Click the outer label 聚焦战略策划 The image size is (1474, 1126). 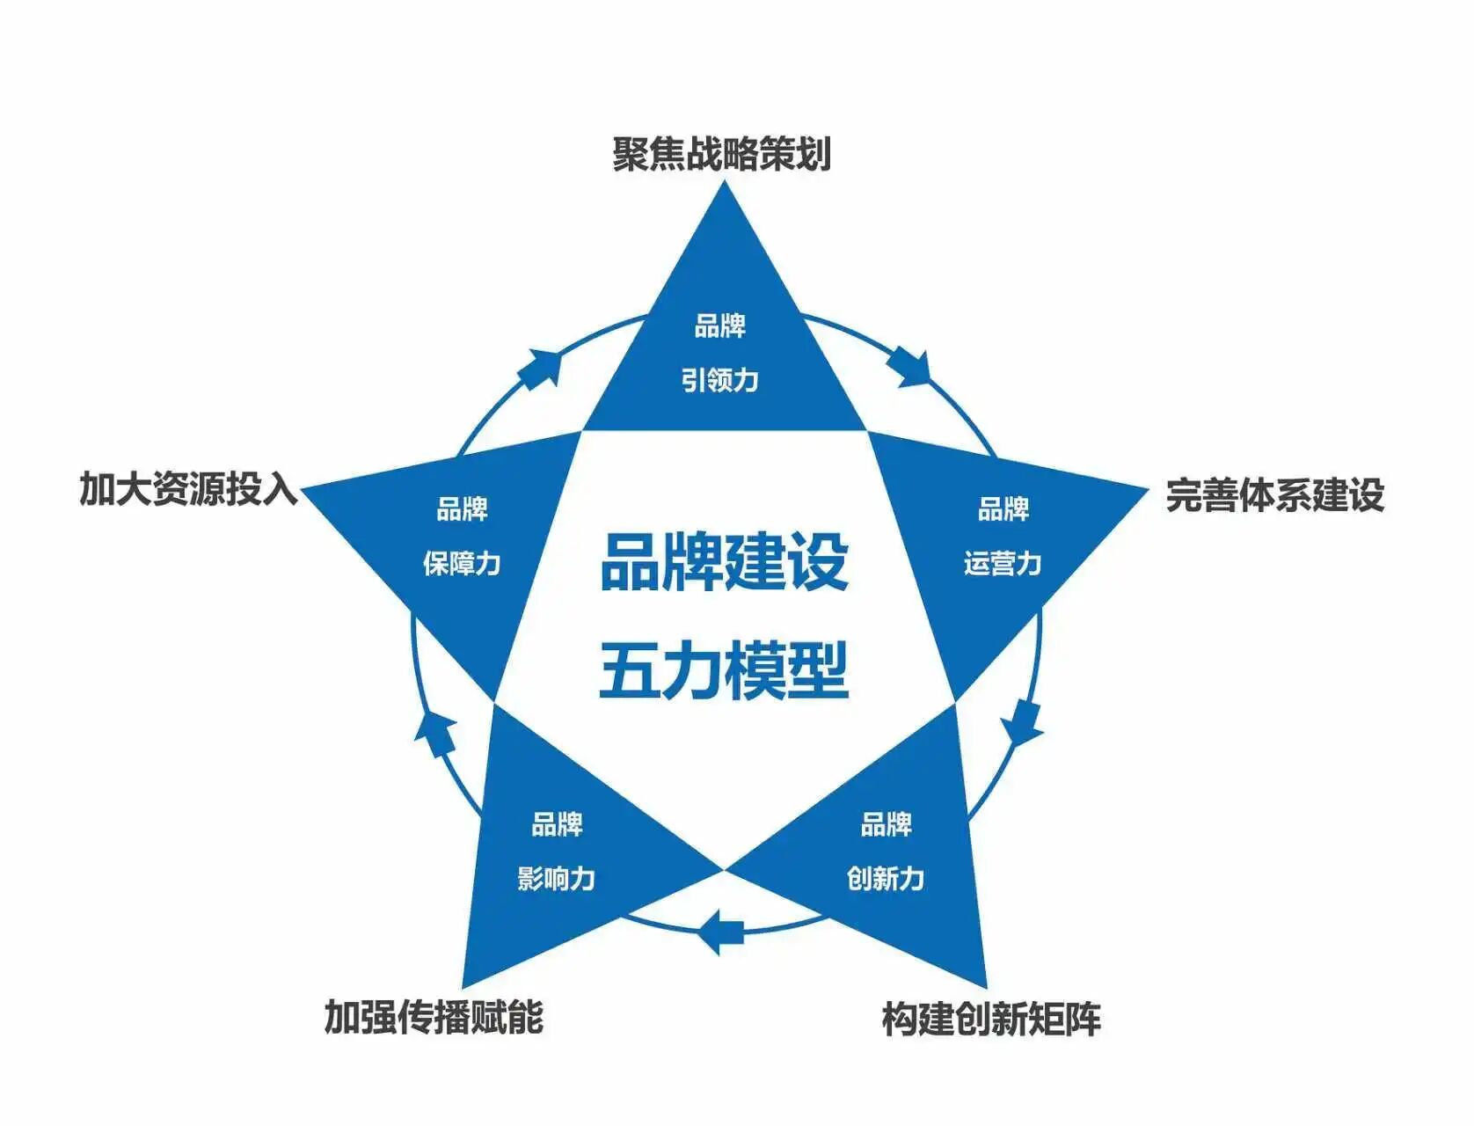point(721,154)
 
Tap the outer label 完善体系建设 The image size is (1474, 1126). point(1274,495)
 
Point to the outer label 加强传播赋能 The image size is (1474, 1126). point(434,1017)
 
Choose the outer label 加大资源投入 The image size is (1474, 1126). point(189,488)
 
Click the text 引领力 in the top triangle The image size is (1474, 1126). point(720,380)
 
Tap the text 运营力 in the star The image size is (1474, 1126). point(1003,563)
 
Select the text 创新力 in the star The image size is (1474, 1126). point(886,878)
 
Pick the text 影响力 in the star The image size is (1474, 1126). point(556,878)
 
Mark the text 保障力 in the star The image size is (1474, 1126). point(462,563)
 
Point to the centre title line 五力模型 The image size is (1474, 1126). point(724,670)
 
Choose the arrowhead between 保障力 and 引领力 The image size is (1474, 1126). point(539,368)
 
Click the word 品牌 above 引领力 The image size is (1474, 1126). point(720,326)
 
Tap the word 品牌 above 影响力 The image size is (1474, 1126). point(556,824)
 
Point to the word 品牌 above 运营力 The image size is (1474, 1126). point(1003,509)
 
